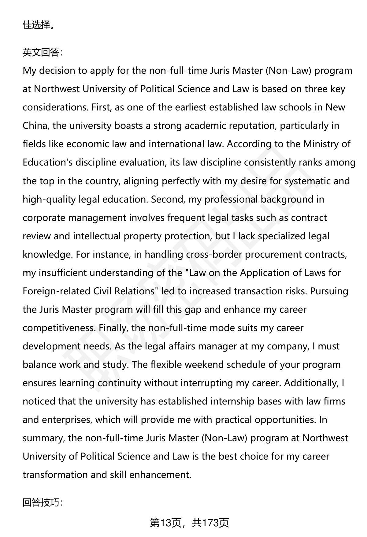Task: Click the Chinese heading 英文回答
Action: (42, 52)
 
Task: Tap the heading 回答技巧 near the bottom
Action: (42, 502)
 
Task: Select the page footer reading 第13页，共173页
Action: (189, 523)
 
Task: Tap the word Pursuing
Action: (329, 291)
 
